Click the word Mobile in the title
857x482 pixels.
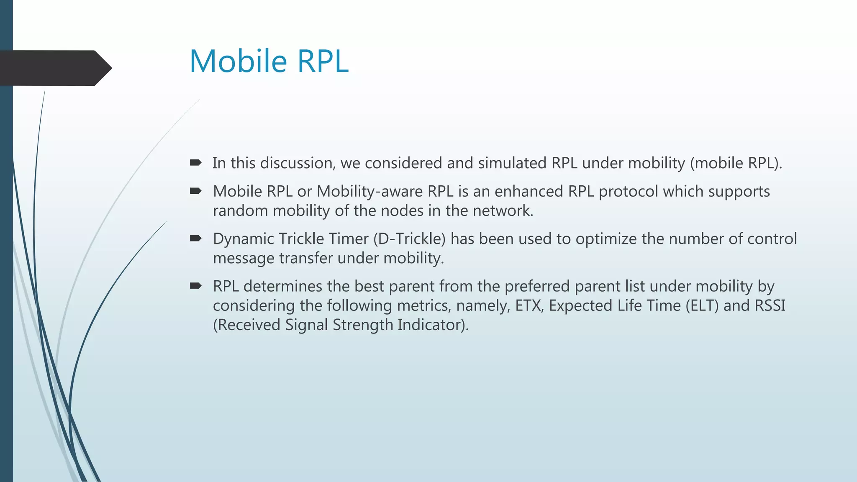pos(238,62)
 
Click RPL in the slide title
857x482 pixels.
pos(323,62)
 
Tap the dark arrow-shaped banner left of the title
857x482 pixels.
pos(54,68)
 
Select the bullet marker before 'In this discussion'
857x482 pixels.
pos(195,163)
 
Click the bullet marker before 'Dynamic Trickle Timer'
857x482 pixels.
pos(195,238)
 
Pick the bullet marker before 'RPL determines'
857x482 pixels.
pos(195,286)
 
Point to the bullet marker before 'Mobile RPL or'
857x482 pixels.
pos(195,191)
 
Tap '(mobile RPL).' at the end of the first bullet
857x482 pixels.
pos(736,163)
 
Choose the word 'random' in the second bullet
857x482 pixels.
pos(240,210)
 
